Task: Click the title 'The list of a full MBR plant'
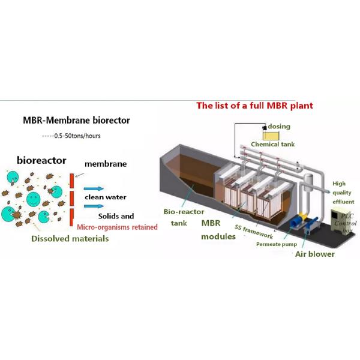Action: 254,106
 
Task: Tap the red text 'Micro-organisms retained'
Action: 118,227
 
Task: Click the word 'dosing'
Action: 280,127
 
